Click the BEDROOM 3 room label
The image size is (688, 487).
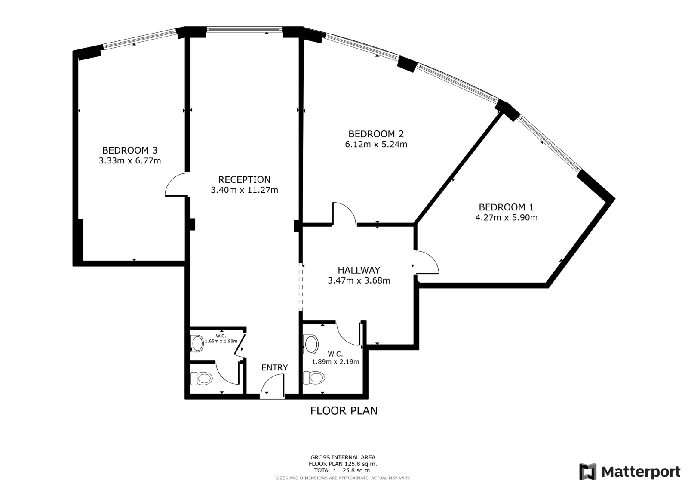click(x=129, y=150)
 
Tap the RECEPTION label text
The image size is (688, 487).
click(x=245, y=179)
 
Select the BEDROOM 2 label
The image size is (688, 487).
click(x=376, y=134)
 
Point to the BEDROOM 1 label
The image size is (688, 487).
click(x=507, y=207)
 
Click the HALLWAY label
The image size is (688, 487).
click(x=359, y=270)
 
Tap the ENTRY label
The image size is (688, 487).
click(x=275, y=367)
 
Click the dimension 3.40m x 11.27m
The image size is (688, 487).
click(x=245, y=190)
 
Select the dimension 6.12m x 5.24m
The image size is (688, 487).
click(x=376, y=144)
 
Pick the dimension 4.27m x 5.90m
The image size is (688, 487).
click(x=507, y=218)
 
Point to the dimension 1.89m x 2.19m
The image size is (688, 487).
click(x=335, y=362)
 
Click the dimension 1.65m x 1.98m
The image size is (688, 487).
click(x=221, y=341)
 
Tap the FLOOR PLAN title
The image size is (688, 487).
click(x=344, y=411)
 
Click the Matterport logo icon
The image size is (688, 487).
click(x=587, y=472)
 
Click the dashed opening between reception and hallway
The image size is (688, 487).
click(x=301, y=287)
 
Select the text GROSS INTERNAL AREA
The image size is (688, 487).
click(x=343, y=457)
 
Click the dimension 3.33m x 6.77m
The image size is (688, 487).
click(x=129, y=161)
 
